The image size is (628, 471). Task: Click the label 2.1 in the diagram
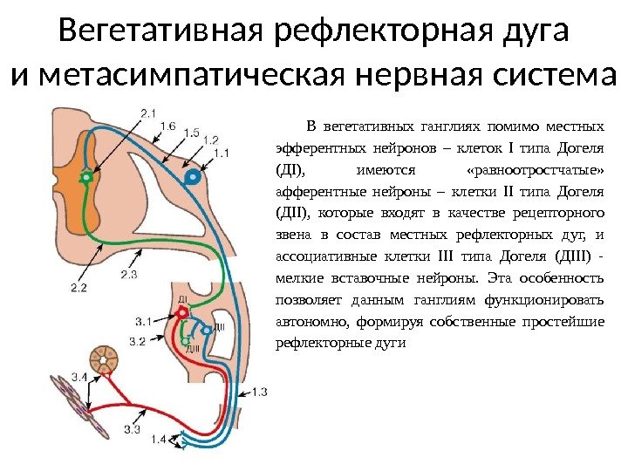(x=147, y=113)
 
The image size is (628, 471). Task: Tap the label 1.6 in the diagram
(x=167, y=126)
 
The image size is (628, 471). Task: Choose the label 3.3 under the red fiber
(x=133, y=429)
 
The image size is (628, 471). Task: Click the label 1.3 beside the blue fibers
(x=258, y=392)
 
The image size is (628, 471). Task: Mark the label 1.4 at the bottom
(x=158, y=440)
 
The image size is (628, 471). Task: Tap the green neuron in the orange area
(x=86, y=178)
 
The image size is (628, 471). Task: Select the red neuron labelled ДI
(x=184, y=310)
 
